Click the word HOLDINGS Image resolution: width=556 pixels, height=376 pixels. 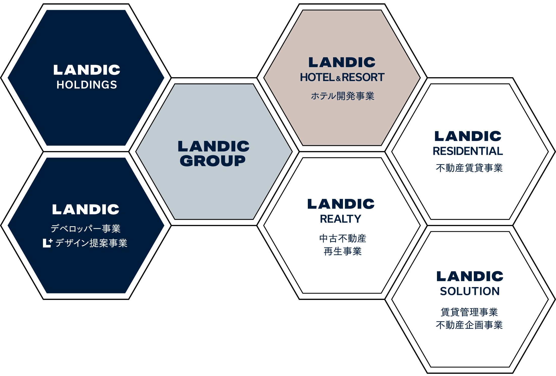(87, 85)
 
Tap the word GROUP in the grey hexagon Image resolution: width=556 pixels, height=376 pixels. (213, 161)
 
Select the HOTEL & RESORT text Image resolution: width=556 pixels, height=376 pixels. (342, 77)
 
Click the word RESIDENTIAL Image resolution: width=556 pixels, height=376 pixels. (468, 151)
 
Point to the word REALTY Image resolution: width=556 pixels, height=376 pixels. (341, 219)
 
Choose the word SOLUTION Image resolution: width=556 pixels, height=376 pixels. (470, 291)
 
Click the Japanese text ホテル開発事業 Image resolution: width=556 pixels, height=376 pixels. (342, 96)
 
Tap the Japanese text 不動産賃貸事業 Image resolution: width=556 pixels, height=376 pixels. (469, 168)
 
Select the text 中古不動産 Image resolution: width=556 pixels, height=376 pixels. (343, 238)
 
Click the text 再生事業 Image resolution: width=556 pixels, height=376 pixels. (343, 251)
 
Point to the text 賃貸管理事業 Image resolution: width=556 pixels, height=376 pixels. (469, 312)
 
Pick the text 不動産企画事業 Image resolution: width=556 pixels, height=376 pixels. (469, 325)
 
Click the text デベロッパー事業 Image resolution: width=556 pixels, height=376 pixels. (85, 229)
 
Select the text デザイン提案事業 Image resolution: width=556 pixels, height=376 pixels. (91, 243)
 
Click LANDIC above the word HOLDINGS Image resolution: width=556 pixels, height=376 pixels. (87, 70)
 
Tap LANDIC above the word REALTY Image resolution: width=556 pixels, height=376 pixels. (341, 204)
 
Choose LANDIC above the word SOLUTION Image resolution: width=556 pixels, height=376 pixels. (470, 276)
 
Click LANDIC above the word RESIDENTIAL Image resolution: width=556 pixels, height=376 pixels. (468, 136)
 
